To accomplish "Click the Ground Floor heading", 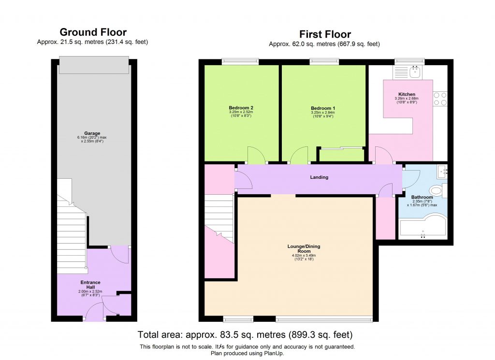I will coord(93,32).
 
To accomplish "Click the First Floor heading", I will coord(324,34).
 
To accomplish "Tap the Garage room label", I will coord(92,133).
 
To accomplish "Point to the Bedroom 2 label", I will coord(241,108).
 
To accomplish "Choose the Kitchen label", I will coord(407,94).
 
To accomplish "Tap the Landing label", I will coord(319,177).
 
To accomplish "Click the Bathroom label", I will coord(422,197).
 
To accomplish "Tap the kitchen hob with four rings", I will coord(440,99).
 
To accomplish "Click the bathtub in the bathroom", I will coord(423,228).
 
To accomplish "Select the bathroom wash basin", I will coord(442,170).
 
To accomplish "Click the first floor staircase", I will coord(219,217).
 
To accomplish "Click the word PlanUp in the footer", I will coord(273,353).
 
